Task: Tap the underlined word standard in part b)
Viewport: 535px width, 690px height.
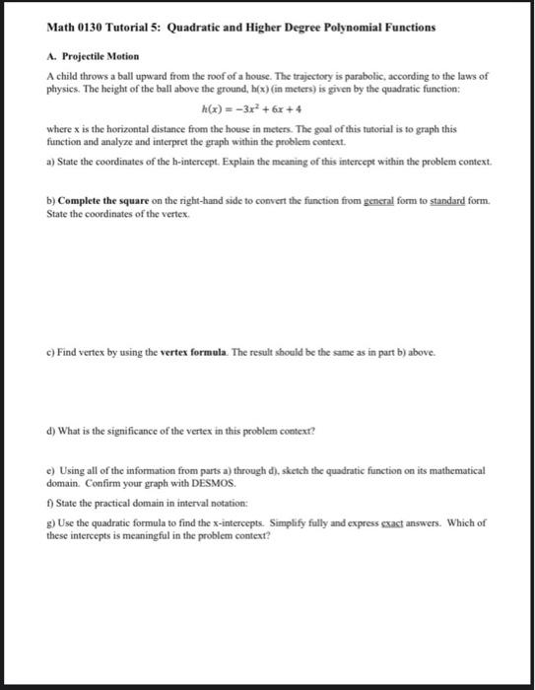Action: coord(446,201)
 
